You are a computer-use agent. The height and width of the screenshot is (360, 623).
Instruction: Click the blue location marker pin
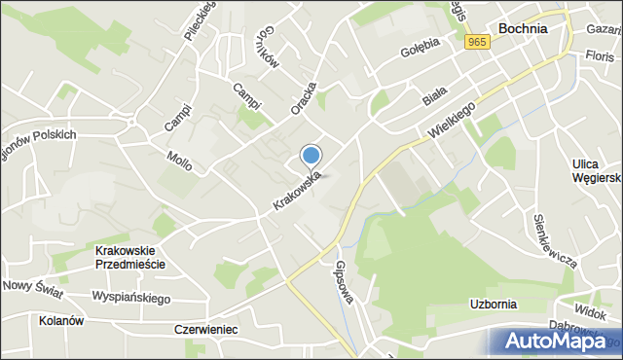click(x=311, y=156)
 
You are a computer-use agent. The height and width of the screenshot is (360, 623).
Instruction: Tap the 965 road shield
click(x=476, y=42)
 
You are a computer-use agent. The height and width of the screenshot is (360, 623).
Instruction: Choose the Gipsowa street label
click(x=343, y=281)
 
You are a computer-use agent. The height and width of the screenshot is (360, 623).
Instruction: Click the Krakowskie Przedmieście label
click(x=130, y=257)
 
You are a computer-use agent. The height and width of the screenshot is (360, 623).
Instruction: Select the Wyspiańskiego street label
click(x=130, y=297)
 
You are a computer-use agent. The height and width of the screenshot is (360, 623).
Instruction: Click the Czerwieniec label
click(x=205, y=330)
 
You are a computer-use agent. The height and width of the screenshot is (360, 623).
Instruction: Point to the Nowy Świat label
click(x=32, y=285)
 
